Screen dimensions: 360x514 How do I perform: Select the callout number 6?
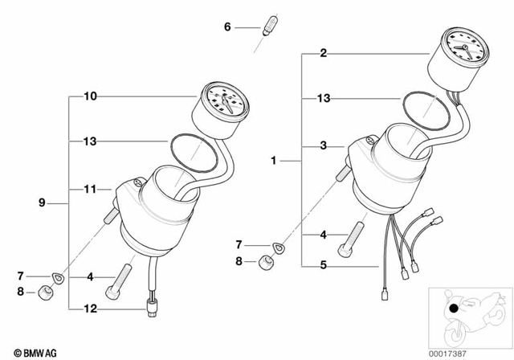coord(227,27)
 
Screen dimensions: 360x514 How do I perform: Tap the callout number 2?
coord(323,54)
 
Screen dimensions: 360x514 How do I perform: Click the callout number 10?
coord(90,96)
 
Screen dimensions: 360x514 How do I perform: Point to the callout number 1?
coord(273,161)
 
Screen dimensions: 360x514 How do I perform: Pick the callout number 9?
coord(42,203)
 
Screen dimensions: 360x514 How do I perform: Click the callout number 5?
coord(323,265)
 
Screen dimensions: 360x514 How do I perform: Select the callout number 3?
coord(323,146)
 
